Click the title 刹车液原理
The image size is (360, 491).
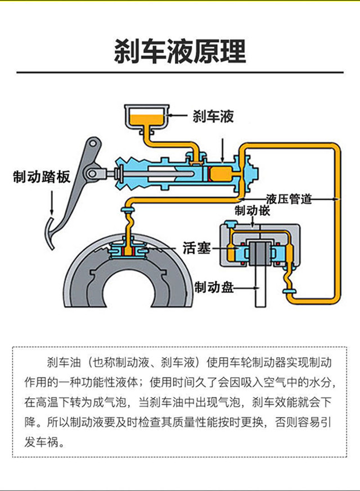pos(179,51)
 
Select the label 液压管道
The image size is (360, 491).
pos(289,199)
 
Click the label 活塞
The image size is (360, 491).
pos(196,247)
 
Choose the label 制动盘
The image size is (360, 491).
pos(213,287)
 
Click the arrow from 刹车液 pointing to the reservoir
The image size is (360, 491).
pos(179,116)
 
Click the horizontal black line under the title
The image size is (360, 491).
pos(179,73)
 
